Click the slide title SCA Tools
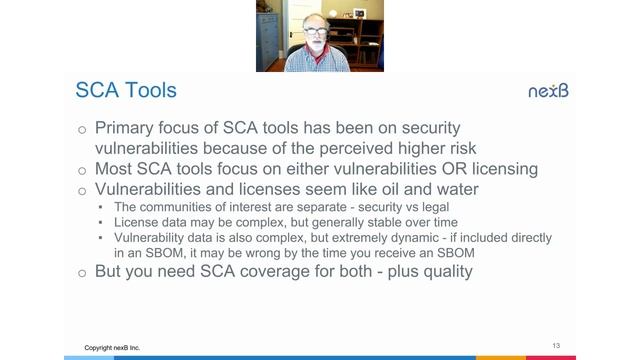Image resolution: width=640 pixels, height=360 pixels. [x=126, y=91]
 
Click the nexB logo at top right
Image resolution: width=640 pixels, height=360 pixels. [x=548, y=91]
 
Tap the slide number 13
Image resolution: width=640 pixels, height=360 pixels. [x=556, y=345]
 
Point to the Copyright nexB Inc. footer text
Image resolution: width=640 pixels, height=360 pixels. [x=112, y=348]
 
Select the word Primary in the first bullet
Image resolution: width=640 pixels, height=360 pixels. [x=128, y=129]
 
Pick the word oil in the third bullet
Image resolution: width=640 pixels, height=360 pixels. [x=392, y=189]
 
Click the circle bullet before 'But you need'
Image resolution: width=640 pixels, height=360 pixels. [x=82, y=272]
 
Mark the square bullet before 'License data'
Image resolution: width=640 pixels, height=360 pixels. [x=101, y=223]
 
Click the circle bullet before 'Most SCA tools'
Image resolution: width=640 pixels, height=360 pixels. [x=82, y=170]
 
